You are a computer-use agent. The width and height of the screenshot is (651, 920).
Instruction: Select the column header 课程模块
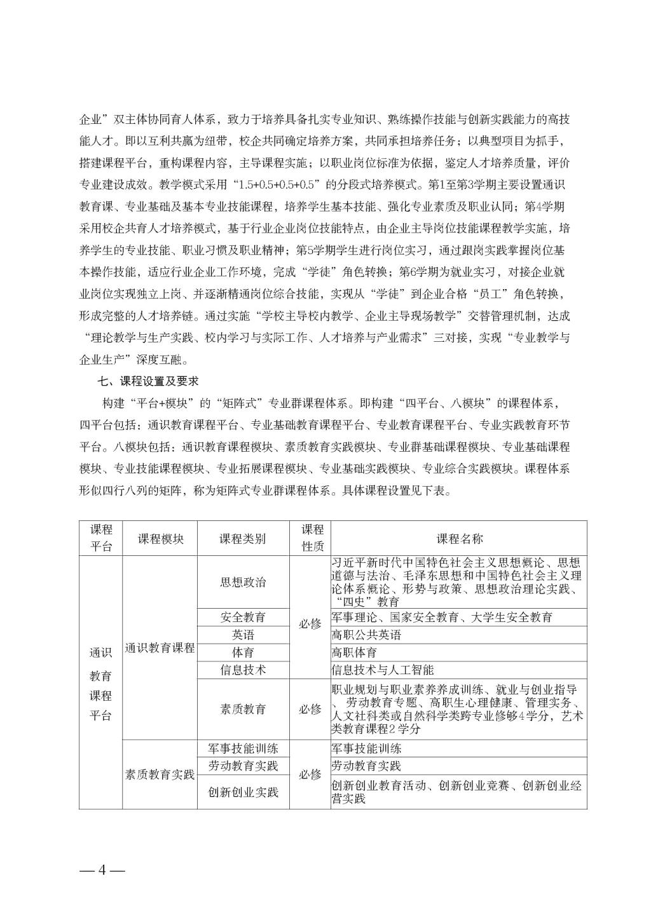(x=160, y=538)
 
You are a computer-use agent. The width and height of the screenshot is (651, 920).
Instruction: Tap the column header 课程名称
(x=459, y=538)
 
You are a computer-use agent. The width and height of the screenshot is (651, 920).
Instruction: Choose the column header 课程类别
(x=243, y=538)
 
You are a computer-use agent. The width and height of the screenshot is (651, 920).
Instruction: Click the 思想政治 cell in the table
(x=243, y=582)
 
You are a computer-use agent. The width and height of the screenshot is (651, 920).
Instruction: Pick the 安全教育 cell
(x=243, y=617)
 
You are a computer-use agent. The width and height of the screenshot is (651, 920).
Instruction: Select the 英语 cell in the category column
(x=243, y=635)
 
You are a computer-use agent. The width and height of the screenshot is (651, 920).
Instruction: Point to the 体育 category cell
(x=243, y=653)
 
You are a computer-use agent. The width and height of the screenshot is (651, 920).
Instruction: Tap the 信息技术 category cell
(x=243, y=670)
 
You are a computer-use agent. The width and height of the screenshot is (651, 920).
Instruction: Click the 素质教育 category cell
(x=243, y=709)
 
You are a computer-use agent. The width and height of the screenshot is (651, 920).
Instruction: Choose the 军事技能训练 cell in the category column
(x=243, y=748)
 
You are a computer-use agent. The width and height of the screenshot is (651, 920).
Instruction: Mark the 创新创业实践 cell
(x=243, y=792)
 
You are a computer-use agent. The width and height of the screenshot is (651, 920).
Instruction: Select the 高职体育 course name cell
(x=355, y=653)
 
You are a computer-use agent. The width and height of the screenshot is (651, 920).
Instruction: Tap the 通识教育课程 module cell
(x=160, y=649)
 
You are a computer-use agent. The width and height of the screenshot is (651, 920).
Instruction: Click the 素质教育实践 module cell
(x=160, y=775)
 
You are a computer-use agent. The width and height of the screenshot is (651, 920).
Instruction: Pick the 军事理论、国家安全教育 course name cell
(x=442, y=617)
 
